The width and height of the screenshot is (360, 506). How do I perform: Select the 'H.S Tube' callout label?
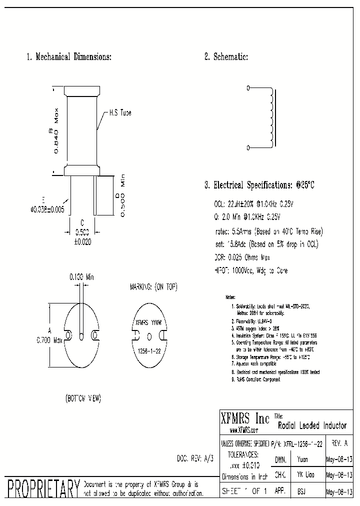point(120,113)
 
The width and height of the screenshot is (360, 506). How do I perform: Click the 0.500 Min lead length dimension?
point(120,195)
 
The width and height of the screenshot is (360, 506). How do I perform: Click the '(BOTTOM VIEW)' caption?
point(83,398)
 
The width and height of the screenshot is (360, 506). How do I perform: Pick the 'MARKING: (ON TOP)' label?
point(153,287)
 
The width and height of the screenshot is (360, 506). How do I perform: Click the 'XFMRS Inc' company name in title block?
point(245,418)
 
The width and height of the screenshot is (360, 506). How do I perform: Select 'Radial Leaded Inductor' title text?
point(311,425)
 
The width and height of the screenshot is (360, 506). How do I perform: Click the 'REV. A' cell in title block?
point(339,443)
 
